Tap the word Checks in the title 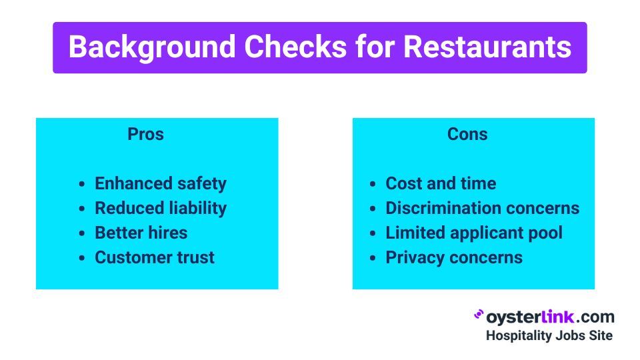(295, 47)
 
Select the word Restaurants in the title (487, 47)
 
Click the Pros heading (146, 134)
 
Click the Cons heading (467, 134)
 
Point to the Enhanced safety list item (161, 184)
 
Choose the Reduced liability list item (161, 208)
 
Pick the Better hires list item (141, 233)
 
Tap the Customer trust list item (155, 257)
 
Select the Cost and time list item (441, 184)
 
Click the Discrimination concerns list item (483, 208)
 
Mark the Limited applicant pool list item (474, 233)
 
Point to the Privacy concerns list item (454, 257)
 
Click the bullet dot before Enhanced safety (82, 184)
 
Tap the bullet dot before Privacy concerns (373, 258)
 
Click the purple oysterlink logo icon (479, 314)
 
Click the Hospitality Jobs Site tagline (549, 335)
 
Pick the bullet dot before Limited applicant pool (373, 233)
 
